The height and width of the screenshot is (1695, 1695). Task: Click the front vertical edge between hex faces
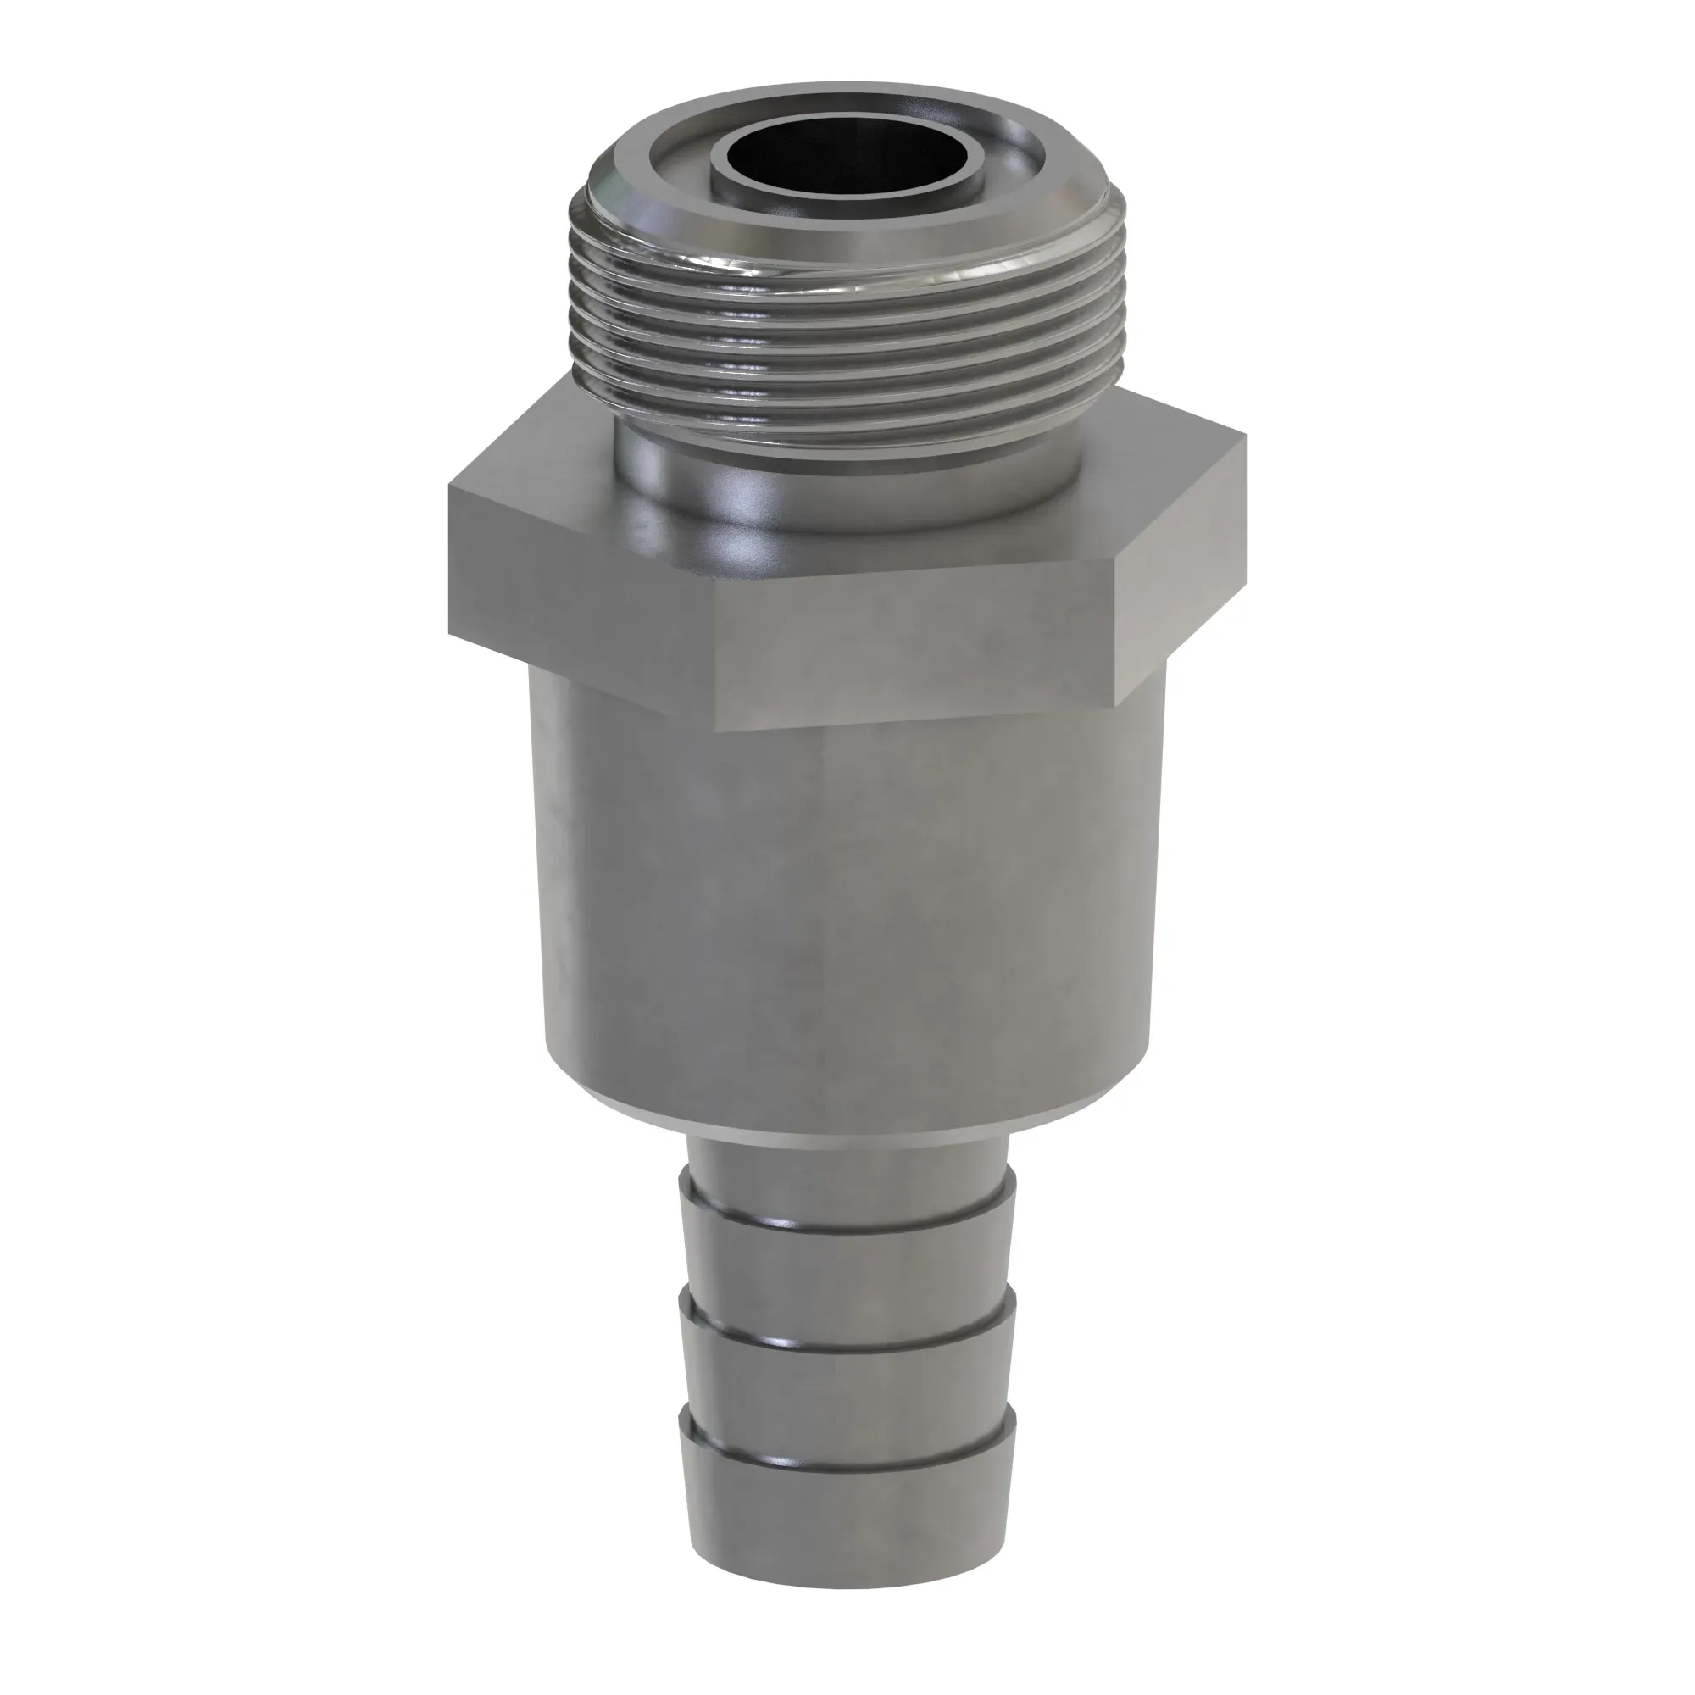point(717,667)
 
